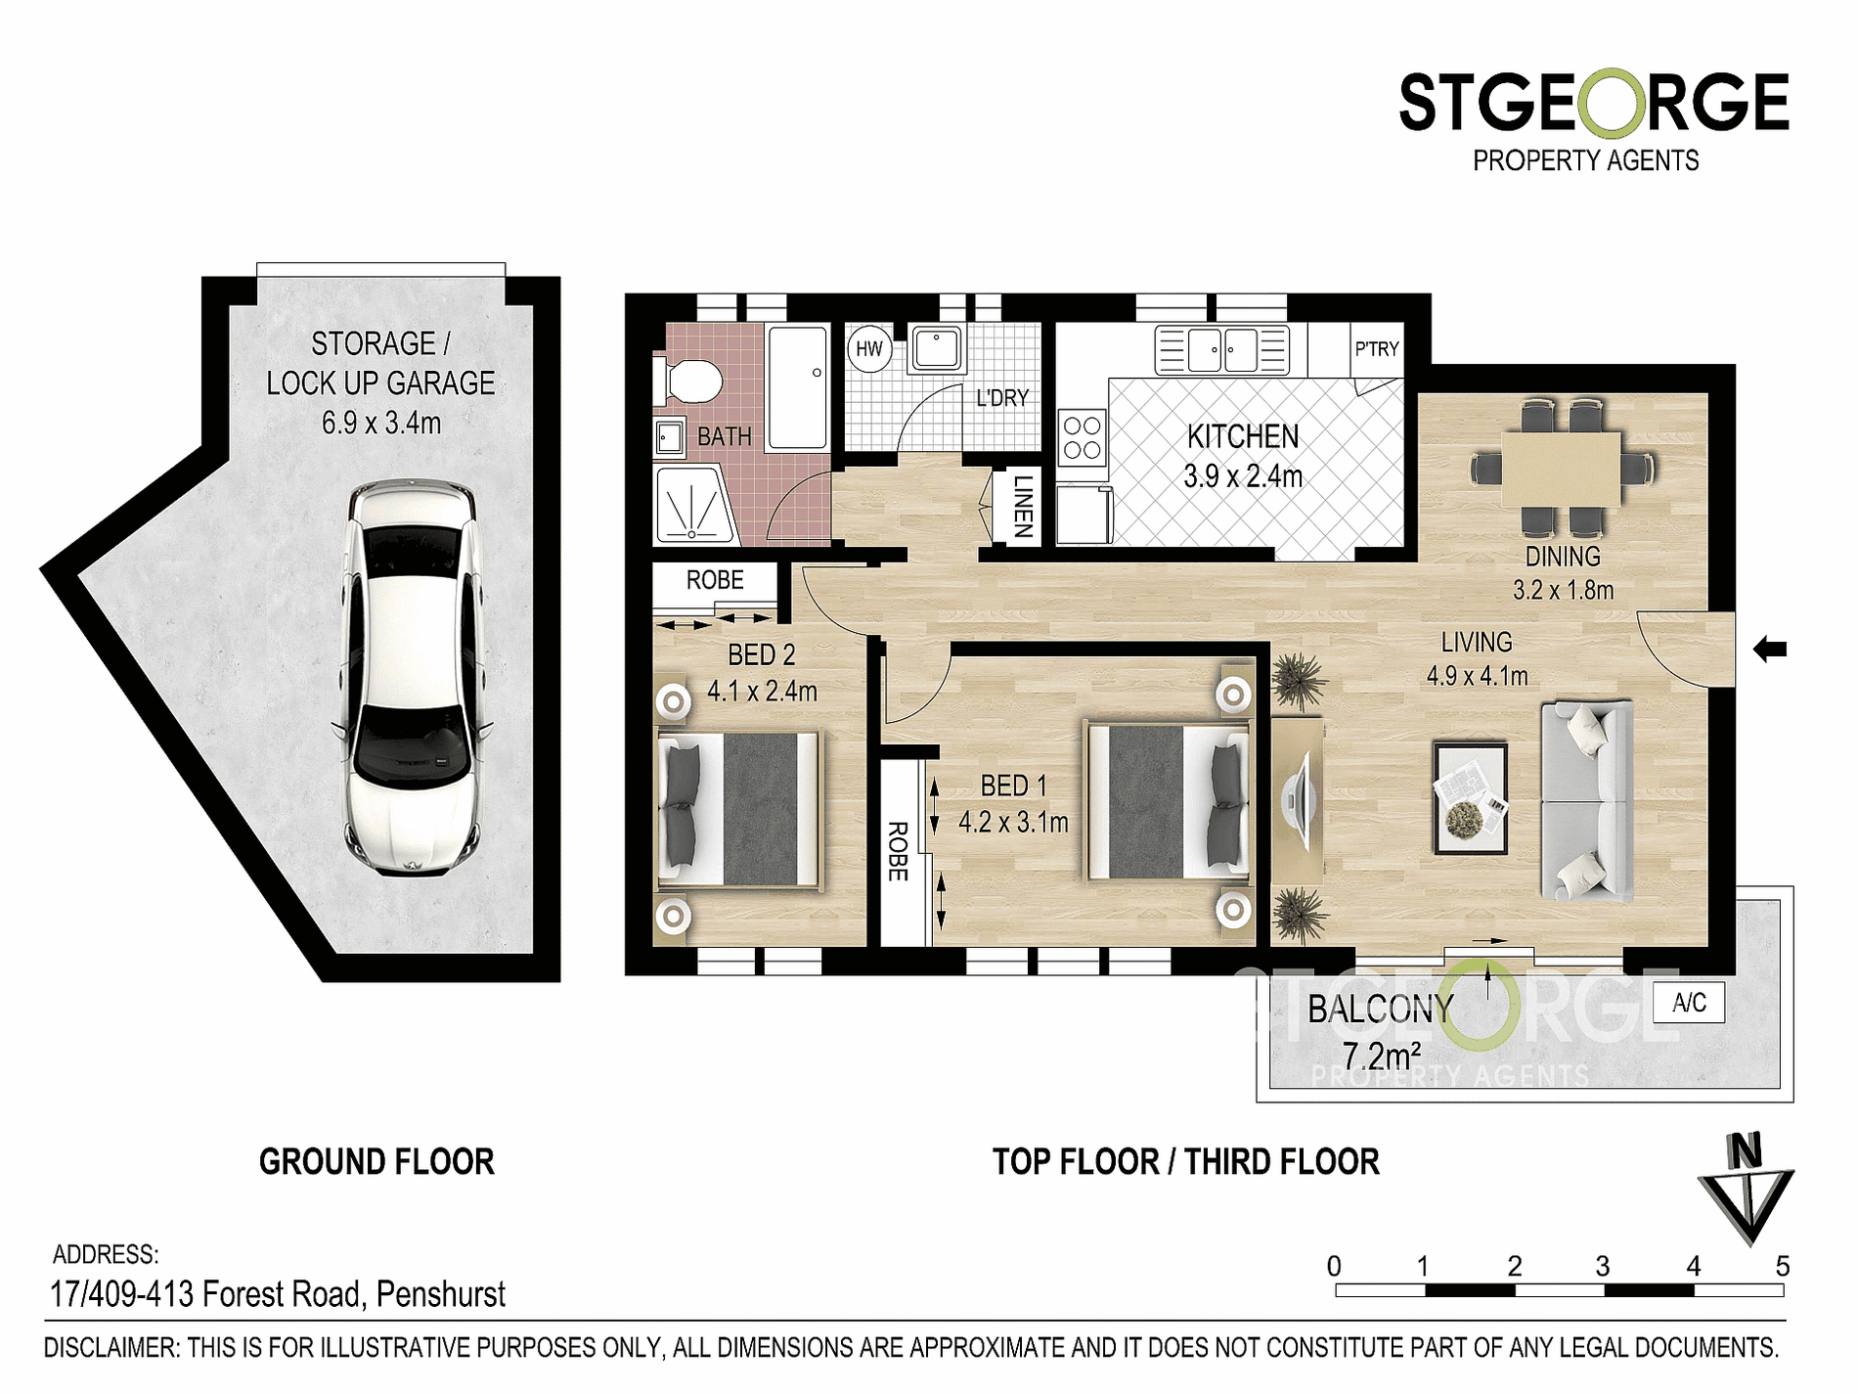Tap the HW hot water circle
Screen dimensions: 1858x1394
(x=868, y=349)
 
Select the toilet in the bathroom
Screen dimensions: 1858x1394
(x=689, y=381)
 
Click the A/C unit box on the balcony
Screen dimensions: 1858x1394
(x=1689, y=1003)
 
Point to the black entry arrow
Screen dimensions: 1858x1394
(x=1770, y=649)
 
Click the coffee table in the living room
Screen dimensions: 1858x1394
(x=1470, y=798)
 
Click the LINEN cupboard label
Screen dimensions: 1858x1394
(x=1023, y=506)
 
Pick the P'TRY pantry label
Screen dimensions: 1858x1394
(x=1377, y=349)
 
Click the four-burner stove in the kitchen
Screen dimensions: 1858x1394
(x=1083, y=438)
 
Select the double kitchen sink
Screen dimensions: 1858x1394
(x=1222, y=349)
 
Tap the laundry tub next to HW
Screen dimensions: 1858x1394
(x=937, y=348)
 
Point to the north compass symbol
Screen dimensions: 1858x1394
(x=1747, y=1188)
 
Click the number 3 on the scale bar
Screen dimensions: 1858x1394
(x=1603, y=1267)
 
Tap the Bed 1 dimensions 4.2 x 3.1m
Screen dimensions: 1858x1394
(x=1013, y=823)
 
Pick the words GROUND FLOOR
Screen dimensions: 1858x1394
(x=376, y=1162)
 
